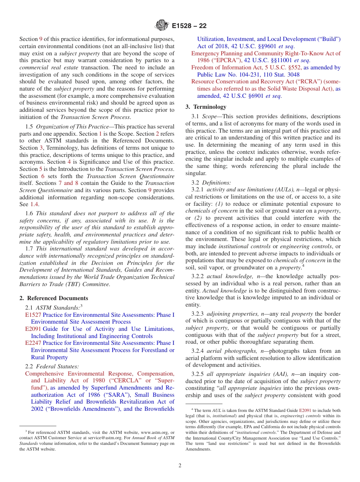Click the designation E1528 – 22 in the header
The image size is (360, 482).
tap(189, 26)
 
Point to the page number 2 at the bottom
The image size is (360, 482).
tap(180, 466)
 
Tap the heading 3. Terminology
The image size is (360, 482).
tap(206, 107)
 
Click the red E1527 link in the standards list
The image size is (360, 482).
tap(33, 315)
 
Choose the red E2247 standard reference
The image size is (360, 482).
tap(33, 343)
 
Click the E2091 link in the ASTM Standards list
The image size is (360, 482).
tap(33, 329)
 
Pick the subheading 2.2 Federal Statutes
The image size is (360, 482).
tap(52, 366)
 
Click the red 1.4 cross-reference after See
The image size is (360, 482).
tap(34, 204)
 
